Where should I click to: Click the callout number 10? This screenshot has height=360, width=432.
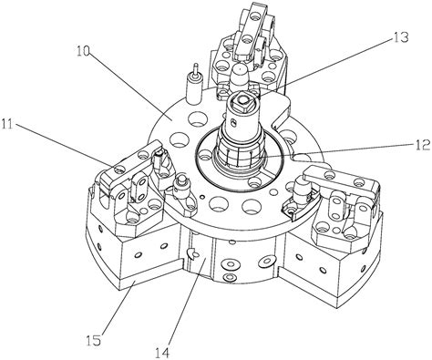(x=83, y=51)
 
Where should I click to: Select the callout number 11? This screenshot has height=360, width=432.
(x=8, y=124)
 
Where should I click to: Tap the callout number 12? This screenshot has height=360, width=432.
(x=422, y=144)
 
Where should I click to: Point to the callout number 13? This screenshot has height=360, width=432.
(x=400, y=37)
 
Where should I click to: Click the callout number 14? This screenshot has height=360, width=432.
(x=162, y=353)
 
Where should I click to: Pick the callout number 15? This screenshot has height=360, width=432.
(x=93, y=340)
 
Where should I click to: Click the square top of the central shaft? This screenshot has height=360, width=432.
(x=242, y=99)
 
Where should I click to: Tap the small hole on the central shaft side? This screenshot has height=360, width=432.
(x=233, y=123)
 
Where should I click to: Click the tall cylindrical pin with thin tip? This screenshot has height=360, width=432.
(x=194, y=85)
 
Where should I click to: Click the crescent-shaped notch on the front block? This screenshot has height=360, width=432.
(x=192, y=252)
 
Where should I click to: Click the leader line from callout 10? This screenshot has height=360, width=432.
(x=128, y=87)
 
